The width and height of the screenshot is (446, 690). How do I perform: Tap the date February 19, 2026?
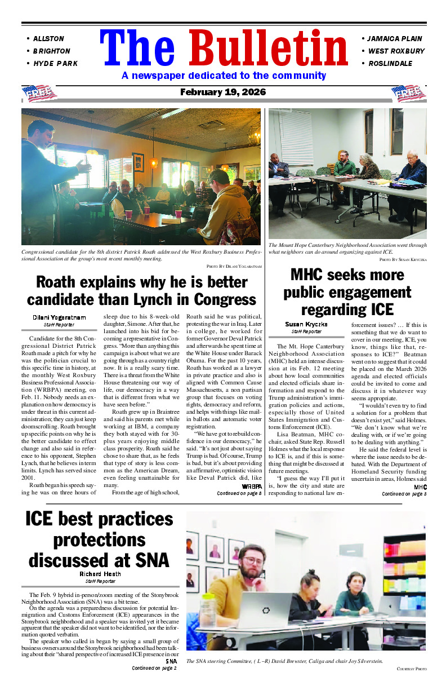click(223, 92)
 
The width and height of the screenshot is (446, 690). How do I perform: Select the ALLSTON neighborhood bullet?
click(48, 39)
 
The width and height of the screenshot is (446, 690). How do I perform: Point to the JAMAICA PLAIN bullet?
click(394, 39)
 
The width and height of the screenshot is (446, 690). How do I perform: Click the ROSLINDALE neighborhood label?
click(390, 64)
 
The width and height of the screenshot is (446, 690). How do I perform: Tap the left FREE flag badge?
click(39, 92)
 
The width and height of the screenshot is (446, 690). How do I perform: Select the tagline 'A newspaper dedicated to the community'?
click(224, 76)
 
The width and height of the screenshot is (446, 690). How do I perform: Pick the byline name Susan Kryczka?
click(306, 324)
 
